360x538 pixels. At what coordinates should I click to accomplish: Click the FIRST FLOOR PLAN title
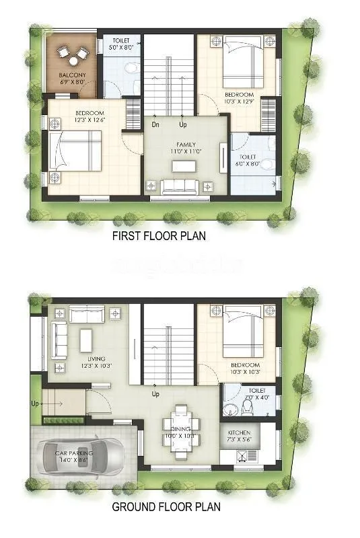159,236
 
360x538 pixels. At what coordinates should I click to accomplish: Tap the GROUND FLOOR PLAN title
166,507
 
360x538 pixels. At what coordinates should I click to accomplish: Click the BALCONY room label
71,75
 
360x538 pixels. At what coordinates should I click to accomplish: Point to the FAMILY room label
186,145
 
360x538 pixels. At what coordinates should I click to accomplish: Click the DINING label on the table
180,429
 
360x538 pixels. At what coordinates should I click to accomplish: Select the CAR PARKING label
74,453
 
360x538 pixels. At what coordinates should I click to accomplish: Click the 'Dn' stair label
155,124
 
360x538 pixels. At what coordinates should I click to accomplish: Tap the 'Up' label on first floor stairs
183,124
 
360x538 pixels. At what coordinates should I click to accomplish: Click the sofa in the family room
183,185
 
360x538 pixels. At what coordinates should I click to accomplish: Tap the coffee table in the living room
86,340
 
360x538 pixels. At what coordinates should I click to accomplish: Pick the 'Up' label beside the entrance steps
35,404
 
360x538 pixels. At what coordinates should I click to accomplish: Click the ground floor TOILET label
256,390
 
